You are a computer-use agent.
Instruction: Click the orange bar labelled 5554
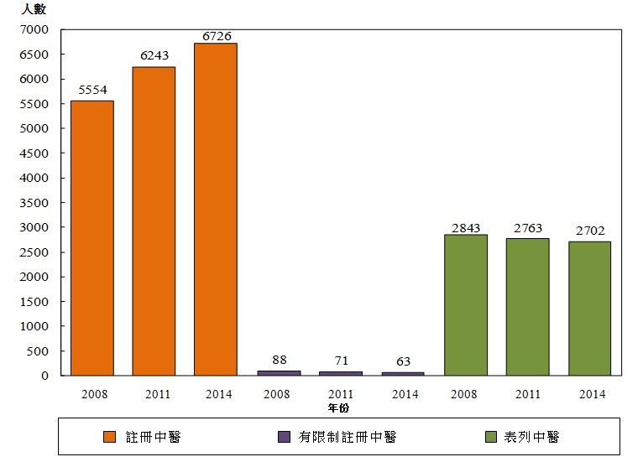pos(91,238)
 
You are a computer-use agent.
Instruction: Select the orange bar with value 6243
pos(154,221)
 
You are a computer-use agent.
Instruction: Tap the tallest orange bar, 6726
pos(215,210)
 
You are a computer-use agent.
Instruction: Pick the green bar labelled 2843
pos(466,305)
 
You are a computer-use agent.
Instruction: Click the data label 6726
pos(216,35)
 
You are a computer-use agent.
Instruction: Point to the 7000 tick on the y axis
pos(37,29)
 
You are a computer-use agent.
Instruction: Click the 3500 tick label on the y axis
pos(37,203)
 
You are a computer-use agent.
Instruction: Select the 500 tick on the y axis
pos(40,351)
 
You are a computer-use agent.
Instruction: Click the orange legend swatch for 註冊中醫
pos(109,437)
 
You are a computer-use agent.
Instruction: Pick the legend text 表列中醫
pos(532,437)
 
